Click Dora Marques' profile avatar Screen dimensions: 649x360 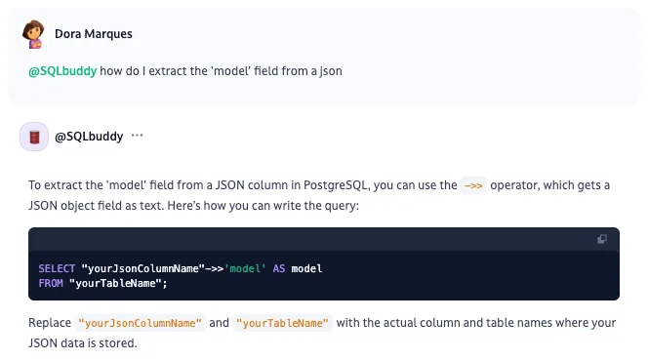coord(33,34)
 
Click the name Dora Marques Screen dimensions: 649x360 coord(94,34)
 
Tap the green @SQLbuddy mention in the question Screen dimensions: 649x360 coord(62,71)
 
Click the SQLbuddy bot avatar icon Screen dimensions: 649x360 coord(34,137)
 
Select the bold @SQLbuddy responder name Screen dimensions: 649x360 coord(89,137)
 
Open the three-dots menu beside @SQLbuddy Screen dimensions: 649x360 coord(137,136)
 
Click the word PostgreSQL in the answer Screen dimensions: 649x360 coord(336,185)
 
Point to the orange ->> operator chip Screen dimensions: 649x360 coord(473,185)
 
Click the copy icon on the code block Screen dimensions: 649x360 coord(602,239)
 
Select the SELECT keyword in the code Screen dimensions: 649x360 coord(57,268)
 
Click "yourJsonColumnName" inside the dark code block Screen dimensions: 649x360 coord(143,268)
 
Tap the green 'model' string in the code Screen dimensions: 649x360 coord(245,268)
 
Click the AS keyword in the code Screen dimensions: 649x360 coord(279,268)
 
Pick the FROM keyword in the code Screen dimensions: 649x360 coord(51,284)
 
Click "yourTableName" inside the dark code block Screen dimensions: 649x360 coord(115,284)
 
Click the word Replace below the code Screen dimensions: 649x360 coord(50,323)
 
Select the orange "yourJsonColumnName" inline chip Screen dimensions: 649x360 coord(140,323)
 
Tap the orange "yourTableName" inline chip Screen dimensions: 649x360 coord(282,323)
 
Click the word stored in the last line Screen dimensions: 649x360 coord(122,343)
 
